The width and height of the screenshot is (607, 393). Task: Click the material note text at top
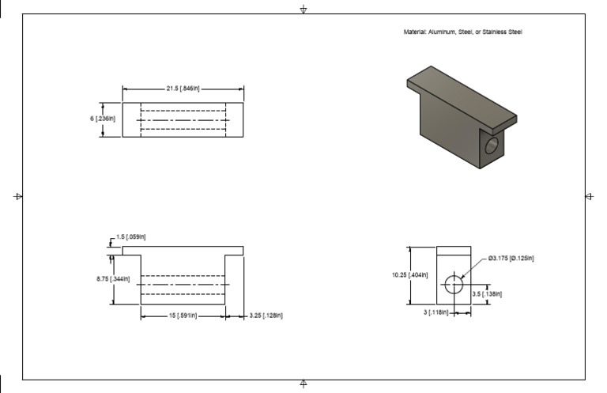[x=462, y=32]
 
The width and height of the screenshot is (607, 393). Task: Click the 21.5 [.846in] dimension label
[x=183, y=89]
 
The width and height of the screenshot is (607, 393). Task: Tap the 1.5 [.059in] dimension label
[x=131, y=236]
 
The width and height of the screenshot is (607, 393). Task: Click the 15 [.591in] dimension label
[x=183, y=316]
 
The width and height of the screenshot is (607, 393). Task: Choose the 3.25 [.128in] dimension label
[x=266, y=316]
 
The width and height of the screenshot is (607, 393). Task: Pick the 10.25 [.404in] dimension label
[x=410, y=275]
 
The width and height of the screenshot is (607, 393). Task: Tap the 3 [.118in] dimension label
[x=436, y=313]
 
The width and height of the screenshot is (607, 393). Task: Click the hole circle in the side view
[x=454, y=284]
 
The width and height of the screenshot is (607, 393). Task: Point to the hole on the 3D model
[x=492, y=145]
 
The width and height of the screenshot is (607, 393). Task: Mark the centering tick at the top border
[x=303, y=9]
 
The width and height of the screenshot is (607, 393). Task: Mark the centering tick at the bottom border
[x=303, y=384]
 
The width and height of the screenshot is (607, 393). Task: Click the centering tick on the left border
[x=18, y=196]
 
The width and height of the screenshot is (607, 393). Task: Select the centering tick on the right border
[x=589, y=196]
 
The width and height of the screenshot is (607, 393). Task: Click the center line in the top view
[x=183, y=120]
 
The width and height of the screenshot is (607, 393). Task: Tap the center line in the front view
[x=183, y=284]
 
